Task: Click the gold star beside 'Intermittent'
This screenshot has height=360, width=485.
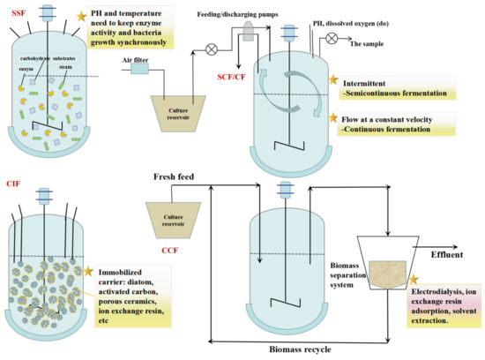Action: (x=333, y=81)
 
